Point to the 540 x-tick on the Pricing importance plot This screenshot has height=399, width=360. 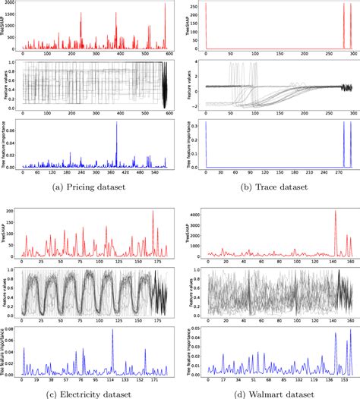(157, 173)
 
